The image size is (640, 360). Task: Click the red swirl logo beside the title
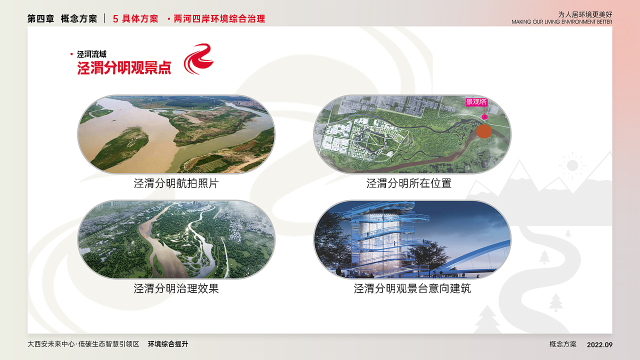point(198,59)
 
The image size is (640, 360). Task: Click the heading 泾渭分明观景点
point(124,68)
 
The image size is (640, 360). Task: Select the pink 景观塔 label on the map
point(476,102)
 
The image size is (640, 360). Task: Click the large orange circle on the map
point(484,131)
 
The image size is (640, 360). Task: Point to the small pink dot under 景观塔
point(484,117)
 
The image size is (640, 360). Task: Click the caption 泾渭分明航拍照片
point(176,183)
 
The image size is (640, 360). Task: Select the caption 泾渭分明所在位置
point(408,183)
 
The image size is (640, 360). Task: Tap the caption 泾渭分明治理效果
point(176,288)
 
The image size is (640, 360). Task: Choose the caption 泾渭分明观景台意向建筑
point(412,288)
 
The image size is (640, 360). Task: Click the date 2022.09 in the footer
point(599,344)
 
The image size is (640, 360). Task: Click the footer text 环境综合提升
point(168,344)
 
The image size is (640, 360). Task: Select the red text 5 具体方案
point(135,19)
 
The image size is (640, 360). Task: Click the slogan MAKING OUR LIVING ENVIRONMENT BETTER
point(561,22)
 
